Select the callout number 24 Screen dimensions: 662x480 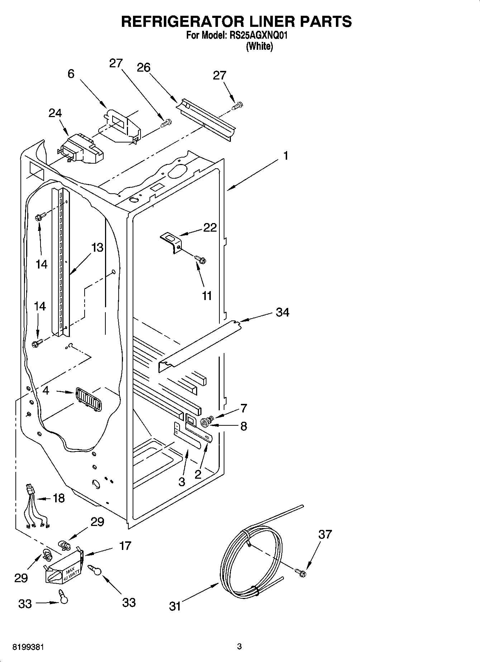(55, 113)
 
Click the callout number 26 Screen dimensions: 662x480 (144, 67)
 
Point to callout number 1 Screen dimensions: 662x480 (286, 156)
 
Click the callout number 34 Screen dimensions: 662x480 (282, 312)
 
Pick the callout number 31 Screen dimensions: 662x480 (175, 606)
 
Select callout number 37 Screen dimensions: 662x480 (325, 535)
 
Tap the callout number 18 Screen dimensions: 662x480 (59, 498)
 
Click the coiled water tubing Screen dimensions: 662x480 (251, 559)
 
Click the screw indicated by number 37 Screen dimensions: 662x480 (300, 572)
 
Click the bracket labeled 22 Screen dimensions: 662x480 (172, 242)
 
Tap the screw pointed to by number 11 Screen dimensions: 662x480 (200, 259)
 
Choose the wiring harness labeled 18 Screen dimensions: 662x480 (35, 507)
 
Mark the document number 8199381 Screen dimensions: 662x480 (28, 647)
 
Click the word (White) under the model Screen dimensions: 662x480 (259, 47)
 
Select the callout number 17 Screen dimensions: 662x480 (125, 546)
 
